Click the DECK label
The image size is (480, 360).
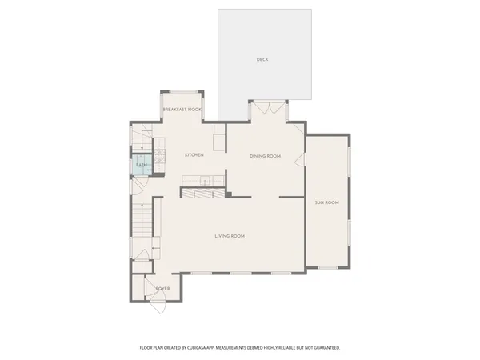click(262, 60)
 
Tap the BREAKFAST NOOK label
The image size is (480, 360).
click(182, 109)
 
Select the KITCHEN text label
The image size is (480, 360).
click(194, 154)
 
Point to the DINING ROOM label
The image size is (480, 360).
click(265, 156)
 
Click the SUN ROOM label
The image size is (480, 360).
click(326, 202)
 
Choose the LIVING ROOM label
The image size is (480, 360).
click(229, 236)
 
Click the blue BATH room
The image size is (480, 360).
click(142, 166)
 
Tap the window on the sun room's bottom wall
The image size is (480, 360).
click(327, 267)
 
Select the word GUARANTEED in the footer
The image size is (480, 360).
click(324, 348)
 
